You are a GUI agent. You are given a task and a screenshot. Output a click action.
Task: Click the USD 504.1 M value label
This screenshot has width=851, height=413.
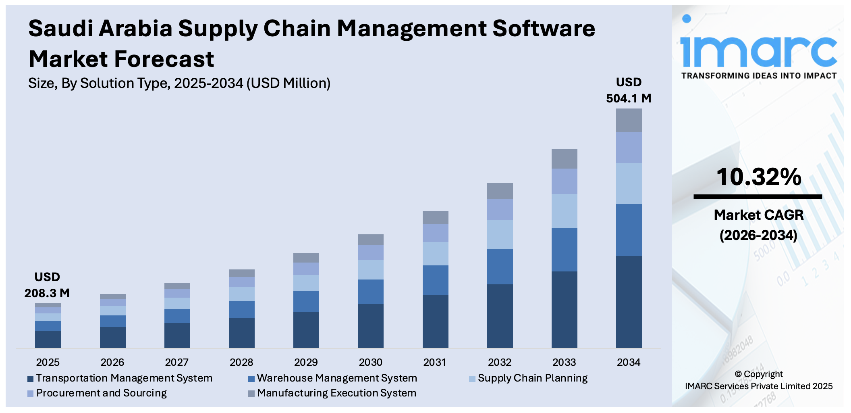629,90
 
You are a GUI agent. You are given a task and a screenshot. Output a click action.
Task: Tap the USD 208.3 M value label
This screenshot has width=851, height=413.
47,285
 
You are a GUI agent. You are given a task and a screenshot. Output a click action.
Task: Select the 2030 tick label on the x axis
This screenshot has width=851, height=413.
370,362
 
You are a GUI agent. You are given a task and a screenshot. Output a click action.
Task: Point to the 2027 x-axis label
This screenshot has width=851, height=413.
177,362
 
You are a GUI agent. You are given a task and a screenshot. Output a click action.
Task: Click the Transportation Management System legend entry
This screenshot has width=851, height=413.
120,378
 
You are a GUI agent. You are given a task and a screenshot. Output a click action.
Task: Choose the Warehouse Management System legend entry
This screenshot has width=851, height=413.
333,378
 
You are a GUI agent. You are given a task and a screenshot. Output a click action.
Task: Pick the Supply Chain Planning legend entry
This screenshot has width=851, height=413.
529,378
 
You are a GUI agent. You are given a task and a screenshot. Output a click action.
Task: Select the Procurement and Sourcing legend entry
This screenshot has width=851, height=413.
97,393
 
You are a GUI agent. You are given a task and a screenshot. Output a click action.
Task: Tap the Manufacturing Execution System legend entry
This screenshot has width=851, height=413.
333,393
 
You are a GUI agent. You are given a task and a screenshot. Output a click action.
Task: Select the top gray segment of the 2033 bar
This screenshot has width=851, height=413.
564,159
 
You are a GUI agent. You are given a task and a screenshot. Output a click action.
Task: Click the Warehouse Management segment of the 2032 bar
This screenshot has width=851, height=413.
500,266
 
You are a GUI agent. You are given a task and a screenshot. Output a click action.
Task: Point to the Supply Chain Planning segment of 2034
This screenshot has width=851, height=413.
629,184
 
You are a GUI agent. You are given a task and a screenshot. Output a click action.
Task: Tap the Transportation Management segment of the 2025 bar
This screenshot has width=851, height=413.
48,339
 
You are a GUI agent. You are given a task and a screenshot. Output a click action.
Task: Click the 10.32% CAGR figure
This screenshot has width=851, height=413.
758,177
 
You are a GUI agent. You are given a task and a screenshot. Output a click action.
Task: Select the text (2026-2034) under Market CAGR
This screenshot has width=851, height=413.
758,235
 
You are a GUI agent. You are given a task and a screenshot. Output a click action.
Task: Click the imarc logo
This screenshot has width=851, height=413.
758,46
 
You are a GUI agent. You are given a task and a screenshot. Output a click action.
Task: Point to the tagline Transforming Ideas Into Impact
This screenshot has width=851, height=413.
758,76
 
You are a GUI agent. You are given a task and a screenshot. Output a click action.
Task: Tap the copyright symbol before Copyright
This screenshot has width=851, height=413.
738,374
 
